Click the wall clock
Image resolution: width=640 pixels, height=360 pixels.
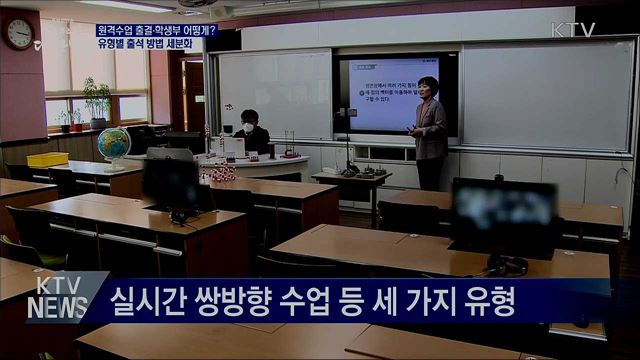[x=19, y=34]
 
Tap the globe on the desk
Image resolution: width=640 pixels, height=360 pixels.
[x=113, y=143]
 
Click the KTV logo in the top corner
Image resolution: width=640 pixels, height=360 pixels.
[x=573, y=30]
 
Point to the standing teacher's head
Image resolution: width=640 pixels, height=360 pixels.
[x=428, y=87]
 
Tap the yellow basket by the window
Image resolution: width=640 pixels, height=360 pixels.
[x=47, y=159]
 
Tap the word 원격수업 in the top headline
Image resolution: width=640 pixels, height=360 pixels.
[x=118, y=31]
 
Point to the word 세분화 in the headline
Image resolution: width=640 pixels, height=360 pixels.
[x=180, y=45]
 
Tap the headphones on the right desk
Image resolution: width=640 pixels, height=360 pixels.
[x=507, y=265]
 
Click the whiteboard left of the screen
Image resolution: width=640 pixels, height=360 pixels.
[x=275, y=94]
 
